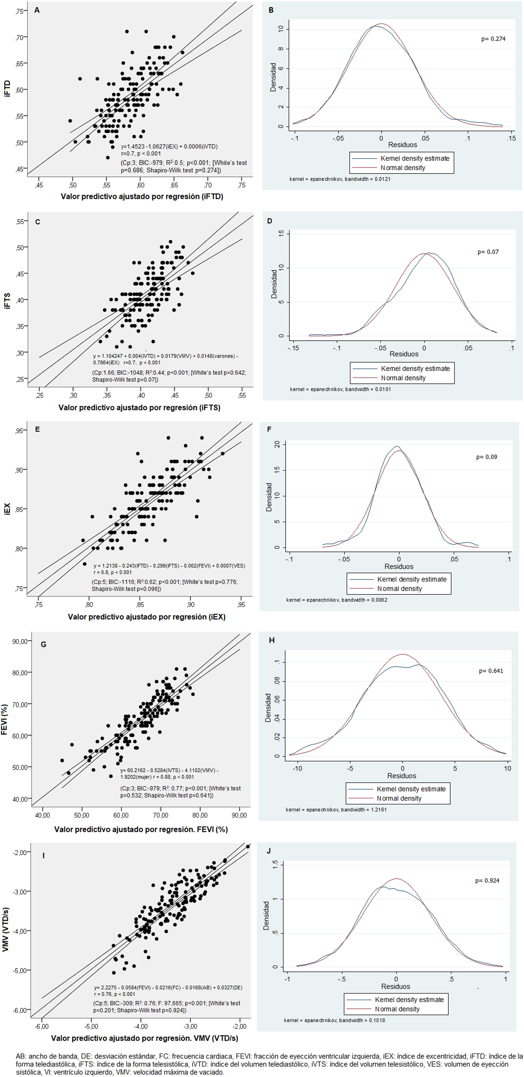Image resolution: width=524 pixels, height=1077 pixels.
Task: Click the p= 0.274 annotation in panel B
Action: (493, 39)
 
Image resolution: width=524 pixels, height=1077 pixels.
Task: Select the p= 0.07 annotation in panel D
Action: (488, 252)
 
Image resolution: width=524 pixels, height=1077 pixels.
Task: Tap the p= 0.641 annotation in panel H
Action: (490, 671)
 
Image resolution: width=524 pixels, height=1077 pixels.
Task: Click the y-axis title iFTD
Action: (7, 89)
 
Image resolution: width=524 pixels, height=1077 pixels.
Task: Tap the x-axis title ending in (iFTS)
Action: (139, 407)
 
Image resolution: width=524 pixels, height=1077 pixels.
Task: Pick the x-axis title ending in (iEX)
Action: (146, 617)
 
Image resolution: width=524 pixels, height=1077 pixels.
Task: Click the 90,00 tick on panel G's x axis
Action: (239, 815)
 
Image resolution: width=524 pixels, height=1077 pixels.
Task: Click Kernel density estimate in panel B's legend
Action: (414, 158)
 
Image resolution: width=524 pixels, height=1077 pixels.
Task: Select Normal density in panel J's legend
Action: (397, 1009)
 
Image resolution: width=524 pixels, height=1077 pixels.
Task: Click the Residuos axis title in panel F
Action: (399, 566)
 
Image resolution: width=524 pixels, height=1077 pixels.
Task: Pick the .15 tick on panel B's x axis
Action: (511, 138)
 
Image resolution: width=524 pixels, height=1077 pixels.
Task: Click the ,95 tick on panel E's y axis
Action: (19, 431)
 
